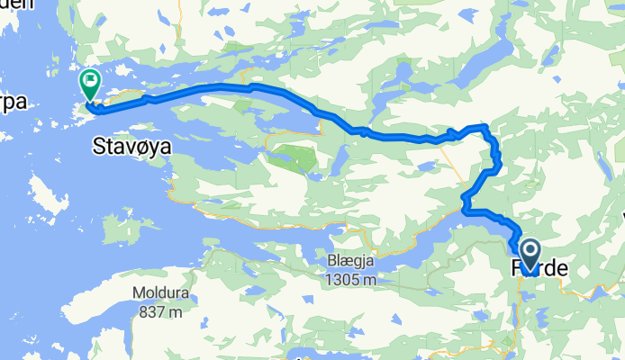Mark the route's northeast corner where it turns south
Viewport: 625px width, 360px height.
[485, 127]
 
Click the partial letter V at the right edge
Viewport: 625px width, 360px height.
[620, 217]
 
